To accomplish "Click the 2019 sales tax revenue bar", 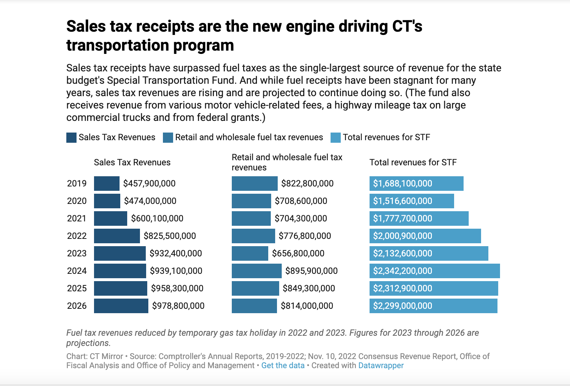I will coord(106,184).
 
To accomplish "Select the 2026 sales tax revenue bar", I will coord(121,306).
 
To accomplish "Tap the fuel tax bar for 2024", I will coord(257,271).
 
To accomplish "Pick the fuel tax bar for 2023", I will coord(250,253).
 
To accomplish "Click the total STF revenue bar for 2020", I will coord(411,201).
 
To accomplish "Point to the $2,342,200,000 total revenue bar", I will coord(434,271).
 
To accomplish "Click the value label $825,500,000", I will coord(170,236).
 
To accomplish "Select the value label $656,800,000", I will coord(298,253).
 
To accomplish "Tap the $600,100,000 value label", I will coord(157,218).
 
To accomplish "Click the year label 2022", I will coord(77,236).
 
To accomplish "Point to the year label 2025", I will coord(77,288).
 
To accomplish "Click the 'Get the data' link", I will coord(283,366).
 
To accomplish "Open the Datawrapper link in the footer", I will coord(381,366).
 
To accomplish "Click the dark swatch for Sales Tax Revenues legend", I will coord(71,138).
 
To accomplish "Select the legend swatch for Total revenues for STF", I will coord(335,138).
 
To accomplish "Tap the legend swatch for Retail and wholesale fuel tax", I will coord(168,138).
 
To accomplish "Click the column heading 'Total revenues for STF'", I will coord(413,162).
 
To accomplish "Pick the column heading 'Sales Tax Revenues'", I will coord(132,162).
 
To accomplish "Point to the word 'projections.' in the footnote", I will coord(88,343).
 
